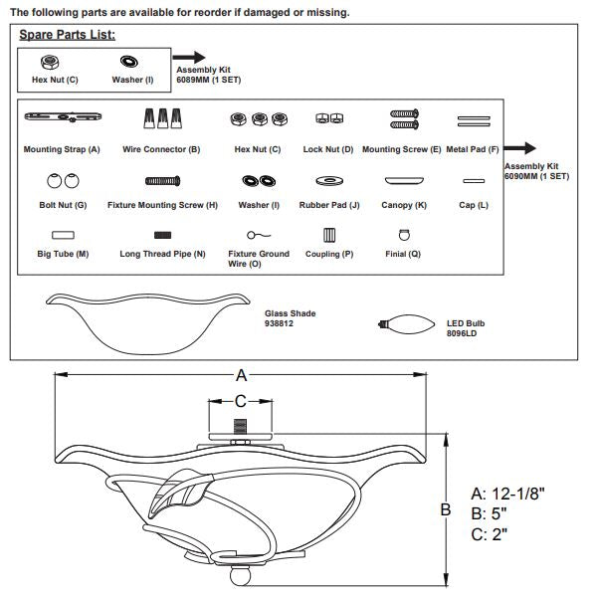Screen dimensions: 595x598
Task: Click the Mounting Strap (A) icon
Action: tap(63, 116)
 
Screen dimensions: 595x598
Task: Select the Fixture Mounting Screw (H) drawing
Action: tap(163, 181)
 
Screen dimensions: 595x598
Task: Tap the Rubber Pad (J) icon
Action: tap(329, 181)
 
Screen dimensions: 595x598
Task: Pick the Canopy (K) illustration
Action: tap(404, 180)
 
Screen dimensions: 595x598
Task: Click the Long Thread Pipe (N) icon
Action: tap(162, 235)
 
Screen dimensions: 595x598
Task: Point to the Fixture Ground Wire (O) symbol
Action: tap(259, 235)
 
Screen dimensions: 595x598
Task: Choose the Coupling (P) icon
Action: tap(329, 235)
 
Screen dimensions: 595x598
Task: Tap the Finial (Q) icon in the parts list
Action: tap(404, 235)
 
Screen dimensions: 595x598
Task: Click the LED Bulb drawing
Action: tap(406, 324)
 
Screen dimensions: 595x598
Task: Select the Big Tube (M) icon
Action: tap(63, 235)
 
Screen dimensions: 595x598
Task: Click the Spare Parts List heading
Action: tap(67, 35)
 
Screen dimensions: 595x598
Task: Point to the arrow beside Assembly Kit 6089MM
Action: tap(189, 57)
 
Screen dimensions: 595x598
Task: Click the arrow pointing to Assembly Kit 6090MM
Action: tap(519, 148)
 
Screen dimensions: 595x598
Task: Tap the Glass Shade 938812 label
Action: tap(290, 318)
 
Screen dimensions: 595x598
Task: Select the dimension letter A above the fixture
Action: tap(241, 375)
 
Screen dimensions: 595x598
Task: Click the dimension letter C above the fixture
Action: tap(241, 401)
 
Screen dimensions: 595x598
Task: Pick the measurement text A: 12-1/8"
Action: tap(507, 494)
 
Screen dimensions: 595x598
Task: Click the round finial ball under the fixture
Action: tap(241, 575)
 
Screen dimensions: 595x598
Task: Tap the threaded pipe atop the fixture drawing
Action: tap(240, 427)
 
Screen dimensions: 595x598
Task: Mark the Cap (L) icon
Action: tap(474, 181)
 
